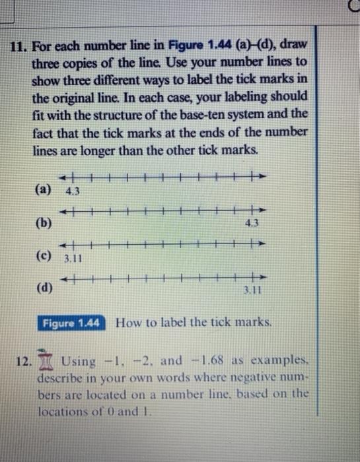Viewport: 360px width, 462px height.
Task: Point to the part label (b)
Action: pyautogui.click(x=45, y=222)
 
